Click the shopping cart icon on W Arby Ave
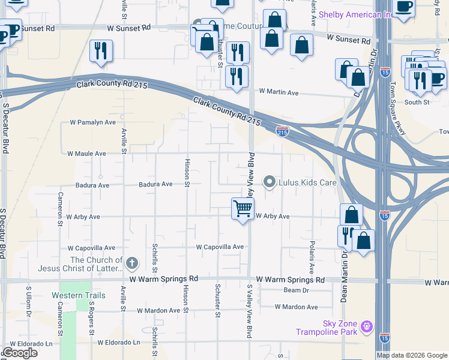(243, 209)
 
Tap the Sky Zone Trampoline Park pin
(368, 328)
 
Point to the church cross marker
(132, 263)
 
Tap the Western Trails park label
(78, 295)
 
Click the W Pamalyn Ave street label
(92, 122)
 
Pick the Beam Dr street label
(296, 290)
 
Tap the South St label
(417, 102)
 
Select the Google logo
(20, 353)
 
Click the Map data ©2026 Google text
(411, 355)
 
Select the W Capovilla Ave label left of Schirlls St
(91, 248)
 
